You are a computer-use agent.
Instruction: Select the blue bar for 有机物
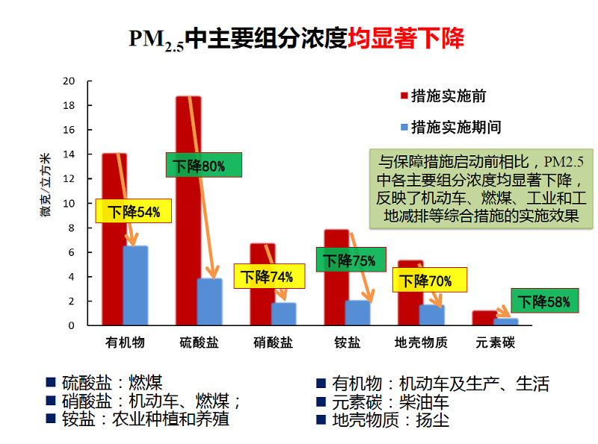[x=135, y=286]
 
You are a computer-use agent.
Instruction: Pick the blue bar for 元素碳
[x=506, y=322]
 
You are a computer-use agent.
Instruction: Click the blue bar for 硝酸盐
[x=284, y=314]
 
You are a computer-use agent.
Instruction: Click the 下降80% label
[x=200, y=166]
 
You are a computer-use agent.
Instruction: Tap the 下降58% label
[x=545, y=301]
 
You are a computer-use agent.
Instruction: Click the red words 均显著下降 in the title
[x=406, y=38]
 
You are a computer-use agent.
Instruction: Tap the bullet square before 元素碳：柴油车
[x=320, y=402]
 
